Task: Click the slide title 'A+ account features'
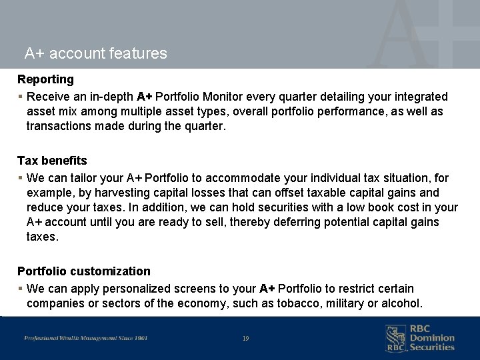[x=95, y=53]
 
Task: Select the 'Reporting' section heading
[x=45, y=79]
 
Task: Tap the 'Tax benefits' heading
[x=52, y=161]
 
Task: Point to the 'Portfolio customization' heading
[x=84, y=271]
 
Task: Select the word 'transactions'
[x=58, y=126]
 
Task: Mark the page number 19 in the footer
[x=246, y=339]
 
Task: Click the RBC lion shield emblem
[x=395, y=338]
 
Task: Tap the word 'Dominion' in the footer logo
[x=432, y=338]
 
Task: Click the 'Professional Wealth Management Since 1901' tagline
[x=86, y=339]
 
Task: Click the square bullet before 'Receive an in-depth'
[x=20, y=97]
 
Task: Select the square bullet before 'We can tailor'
[x=20, y=178]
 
